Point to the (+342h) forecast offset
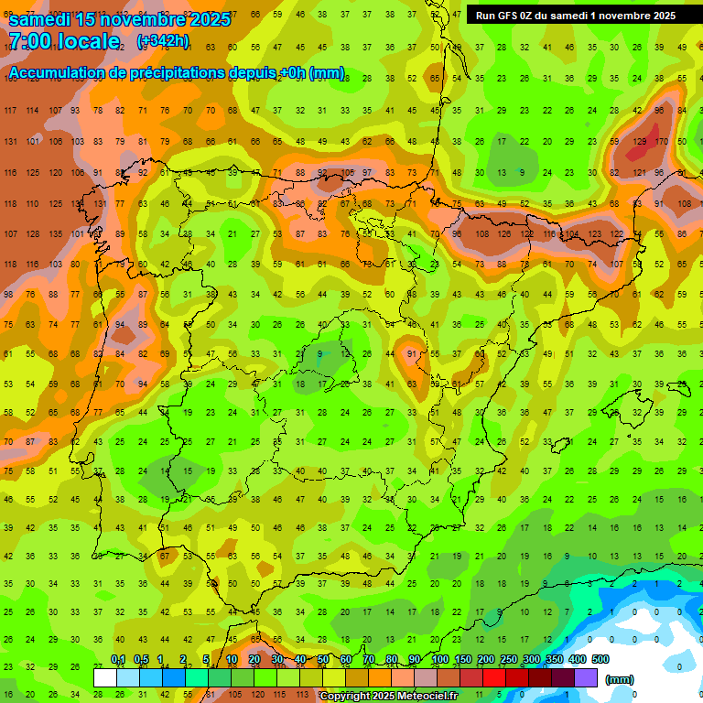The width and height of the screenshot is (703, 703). click(x=163, y=41)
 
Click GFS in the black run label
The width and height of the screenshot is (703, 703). click(x=508, y=16)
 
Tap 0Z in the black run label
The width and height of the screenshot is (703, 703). click(x=532, y=16)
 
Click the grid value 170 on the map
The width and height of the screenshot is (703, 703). click(x=661, y=142)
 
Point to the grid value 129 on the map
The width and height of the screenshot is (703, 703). click(x=639, y=142)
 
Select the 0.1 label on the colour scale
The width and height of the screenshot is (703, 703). click(x=118, y=660)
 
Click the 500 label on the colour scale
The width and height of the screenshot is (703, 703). click(x=600, y=660)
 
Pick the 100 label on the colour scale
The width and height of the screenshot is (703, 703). click(x=440, y=660)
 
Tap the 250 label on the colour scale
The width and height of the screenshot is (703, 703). click(x=509, y=660)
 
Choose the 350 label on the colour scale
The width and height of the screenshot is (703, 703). click(x=555, y=660)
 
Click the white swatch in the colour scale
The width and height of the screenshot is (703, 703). click(x=104, y=678)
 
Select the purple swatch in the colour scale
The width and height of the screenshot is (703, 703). click(x=586, y=678)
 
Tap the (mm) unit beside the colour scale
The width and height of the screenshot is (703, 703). click(x=620, y=679)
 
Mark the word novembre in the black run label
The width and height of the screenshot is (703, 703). click(x=622, y=16)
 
